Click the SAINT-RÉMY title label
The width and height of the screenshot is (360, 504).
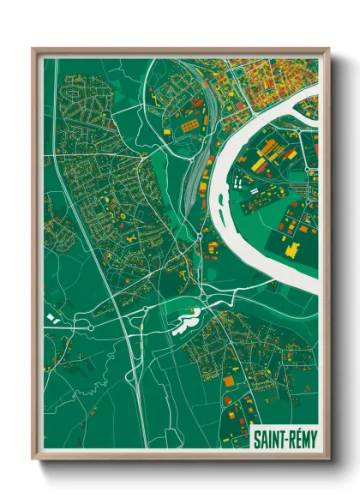point(285,438)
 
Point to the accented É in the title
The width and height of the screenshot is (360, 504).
point(295,438)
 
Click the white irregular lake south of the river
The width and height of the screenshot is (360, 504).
point(187,322)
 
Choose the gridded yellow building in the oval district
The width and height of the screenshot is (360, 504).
point(187,125)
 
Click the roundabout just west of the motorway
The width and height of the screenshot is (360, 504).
point(88,326)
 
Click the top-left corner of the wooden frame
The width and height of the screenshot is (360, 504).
point(33,50)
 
